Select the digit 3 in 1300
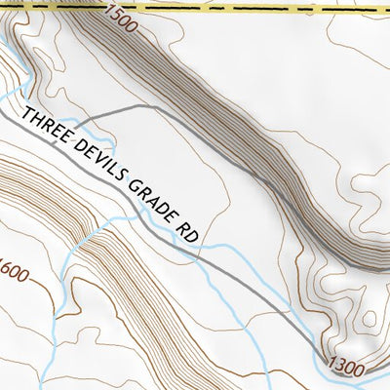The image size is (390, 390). click(340, 367)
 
